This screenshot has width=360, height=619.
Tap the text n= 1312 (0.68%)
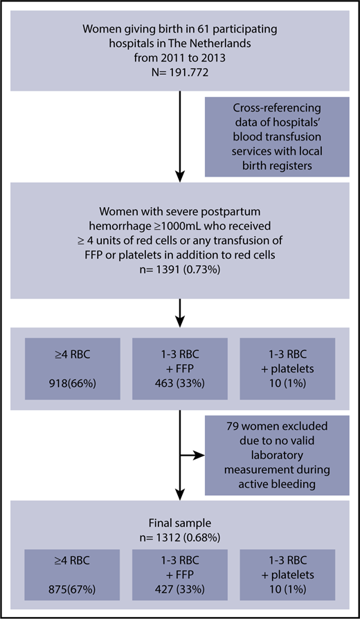point(179,537)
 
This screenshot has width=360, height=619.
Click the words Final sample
point(179,524)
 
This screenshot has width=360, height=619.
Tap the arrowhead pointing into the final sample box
point(179,497)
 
